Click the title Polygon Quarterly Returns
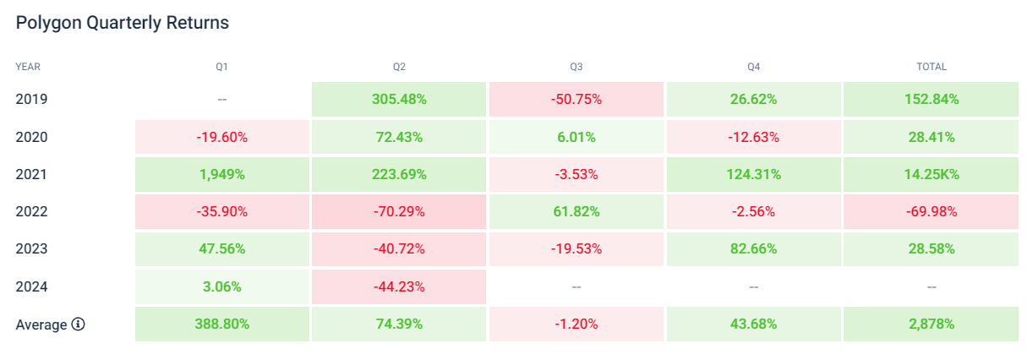pos(123,23)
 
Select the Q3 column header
pos(576,66)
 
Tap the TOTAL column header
pos(931,66)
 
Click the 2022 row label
pos(31,211)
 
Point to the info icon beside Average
pos(79,325)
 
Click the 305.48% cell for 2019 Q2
pos(399,99)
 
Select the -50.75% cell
pos(576,99)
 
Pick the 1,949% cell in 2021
pos(221,174)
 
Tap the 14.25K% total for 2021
pos(931,174)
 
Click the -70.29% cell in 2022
pos(399,211)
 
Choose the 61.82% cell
pos(576,211)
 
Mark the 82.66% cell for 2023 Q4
pos(753,249)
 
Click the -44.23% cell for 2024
pos(399,286)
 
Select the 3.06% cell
pos(221,286)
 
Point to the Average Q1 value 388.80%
pos(221,325)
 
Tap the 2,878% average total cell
pos(931,325)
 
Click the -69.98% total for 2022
pos(931,211)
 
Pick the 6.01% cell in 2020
pos(576,137)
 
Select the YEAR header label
pos(28,66)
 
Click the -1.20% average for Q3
pos(576,325)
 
